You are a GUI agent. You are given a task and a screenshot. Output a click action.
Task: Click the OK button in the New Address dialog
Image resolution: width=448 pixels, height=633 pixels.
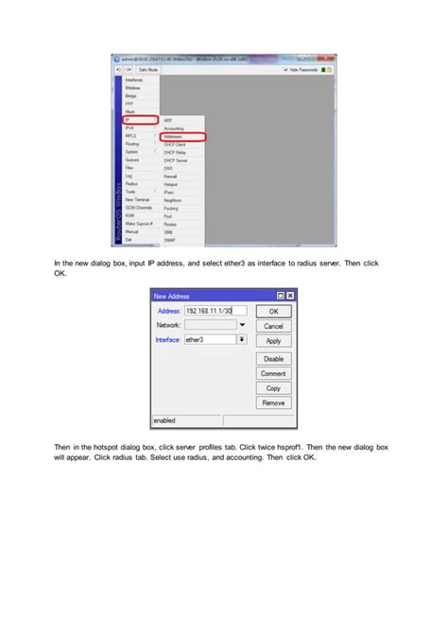coord(273,311)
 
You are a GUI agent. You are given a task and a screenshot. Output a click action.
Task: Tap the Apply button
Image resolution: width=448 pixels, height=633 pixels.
coord(273,341)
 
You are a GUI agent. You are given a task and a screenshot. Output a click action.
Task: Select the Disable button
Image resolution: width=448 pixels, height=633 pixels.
coord(273,359)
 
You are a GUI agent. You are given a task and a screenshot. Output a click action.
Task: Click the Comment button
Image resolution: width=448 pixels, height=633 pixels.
coord(273,373)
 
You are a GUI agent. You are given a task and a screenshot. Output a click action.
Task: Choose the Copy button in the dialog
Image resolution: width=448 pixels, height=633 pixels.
coord(273,388)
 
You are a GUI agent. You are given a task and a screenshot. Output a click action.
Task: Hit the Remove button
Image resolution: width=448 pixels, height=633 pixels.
coord(273,402)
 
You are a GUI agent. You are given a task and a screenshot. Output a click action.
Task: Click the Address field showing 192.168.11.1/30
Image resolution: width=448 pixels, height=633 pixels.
coord(215,310)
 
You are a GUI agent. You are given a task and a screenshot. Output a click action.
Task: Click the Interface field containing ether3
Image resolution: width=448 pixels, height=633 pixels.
coord(209,339)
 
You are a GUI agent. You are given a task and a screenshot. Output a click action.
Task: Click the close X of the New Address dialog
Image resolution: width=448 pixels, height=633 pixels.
coord(290,296)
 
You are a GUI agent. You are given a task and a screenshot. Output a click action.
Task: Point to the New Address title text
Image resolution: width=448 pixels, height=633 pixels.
coord(173,296)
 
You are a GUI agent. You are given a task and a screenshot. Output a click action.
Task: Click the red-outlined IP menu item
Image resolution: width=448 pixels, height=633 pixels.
coord(139,119)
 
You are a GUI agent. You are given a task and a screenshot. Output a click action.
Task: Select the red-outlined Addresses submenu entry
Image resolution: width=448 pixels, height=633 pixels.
coord(183,137)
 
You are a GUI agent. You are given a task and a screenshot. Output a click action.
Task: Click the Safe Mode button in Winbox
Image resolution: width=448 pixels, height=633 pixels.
coord(148,70)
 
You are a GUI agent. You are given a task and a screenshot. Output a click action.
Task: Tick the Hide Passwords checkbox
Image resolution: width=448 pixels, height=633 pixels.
coord(286,70)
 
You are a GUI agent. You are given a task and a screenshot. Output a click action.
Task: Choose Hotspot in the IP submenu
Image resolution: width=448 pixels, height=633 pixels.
coord(172,182)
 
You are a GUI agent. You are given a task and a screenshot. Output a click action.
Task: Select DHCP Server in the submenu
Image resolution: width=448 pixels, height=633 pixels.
coord(176,160)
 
